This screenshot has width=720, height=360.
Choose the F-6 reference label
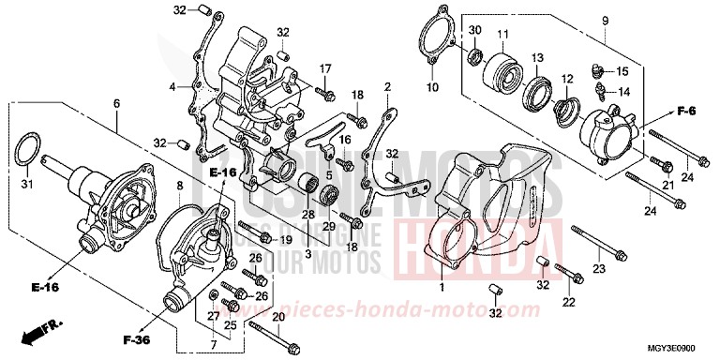click(x=687, y=112)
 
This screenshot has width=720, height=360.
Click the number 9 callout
click(x=605, y=20)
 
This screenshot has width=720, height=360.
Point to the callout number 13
click(x=538, y=58)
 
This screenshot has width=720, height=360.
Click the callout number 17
click(x=327, y=70)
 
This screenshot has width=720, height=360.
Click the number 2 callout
click(x=387, y=86)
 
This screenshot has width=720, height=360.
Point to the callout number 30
click(x=475, y=31)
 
